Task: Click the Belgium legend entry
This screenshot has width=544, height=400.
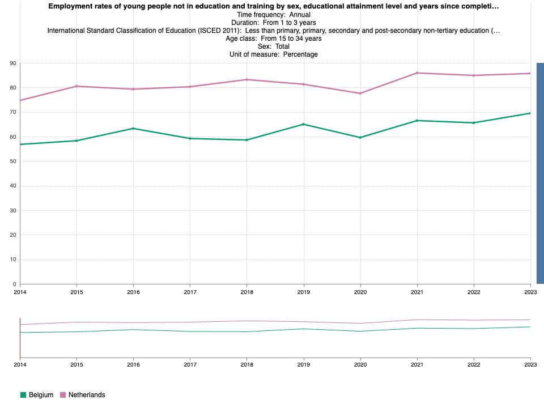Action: tap(37, 395)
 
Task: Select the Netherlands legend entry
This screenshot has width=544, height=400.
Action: tap(83, 395)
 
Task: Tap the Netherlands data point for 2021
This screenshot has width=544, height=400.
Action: tap(417, 73)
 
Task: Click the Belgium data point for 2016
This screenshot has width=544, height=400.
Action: tap(133, 129)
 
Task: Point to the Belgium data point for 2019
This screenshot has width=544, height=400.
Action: tap(304, 124)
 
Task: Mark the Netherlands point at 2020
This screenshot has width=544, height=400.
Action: tap(360, 93)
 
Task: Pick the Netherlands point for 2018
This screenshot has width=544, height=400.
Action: tap(246, 80)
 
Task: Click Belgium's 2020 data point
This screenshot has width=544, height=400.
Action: tap(360, 138)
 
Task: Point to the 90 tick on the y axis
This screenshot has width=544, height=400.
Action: tap(13, 63)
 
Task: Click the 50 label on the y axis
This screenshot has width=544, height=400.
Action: tap(13, 161)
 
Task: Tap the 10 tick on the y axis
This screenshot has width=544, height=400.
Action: tap(13, 259)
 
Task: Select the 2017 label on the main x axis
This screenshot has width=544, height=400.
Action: tap(190, 292)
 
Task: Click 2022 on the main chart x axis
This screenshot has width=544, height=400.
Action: tap(474, 292)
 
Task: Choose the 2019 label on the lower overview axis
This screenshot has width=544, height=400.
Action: tap(304, 365)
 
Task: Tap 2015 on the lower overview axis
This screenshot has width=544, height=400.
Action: tap(76, 365)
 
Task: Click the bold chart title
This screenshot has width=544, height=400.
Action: tap(273, 6)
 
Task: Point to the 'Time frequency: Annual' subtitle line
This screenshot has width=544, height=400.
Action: tap(273, 15)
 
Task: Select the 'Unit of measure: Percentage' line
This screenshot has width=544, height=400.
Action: tap(273, 54)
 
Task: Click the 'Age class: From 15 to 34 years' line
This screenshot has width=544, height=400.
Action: tap(273, 39)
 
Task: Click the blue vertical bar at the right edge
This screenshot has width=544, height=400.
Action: tap(540, 173)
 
